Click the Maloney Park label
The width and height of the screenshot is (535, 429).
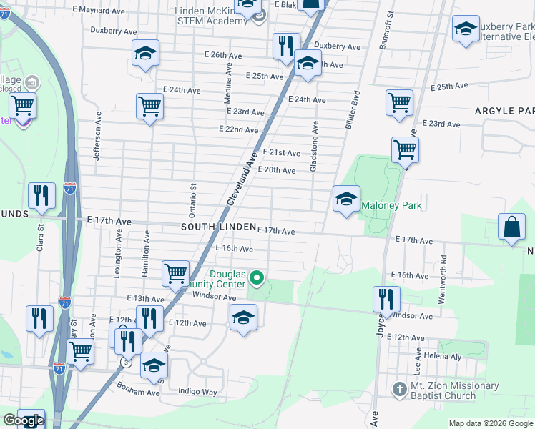391,206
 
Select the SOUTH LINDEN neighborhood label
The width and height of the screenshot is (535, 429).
218,227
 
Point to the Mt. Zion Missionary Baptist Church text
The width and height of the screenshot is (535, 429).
454,391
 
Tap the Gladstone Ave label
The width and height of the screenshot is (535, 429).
313,145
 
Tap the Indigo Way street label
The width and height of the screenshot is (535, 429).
197,392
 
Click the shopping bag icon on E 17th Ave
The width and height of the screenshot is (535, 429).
512,228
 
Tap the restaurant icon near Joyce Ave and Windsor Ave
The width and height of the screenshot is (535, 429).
386,300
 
